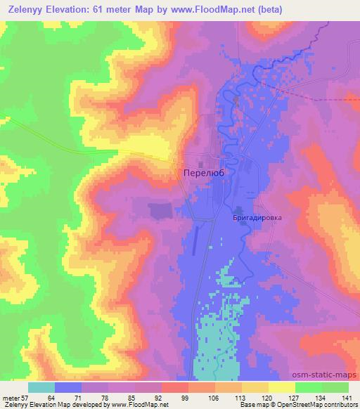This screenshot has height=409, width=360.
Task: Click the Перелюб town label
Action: pos(203,172)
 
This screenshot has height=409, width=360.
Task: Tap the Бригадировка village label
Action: pos(257,218)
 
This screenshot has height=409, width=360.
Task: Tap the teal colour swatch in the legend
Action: pos(41,387)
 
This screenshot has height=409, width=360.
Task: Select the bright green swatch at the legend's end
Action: pos(335,387)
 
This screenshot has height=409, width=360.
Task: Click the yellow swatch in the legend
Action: pos(281,387)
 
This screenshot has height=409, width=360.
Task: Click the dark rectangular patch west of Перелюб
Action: pos(160,210)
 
